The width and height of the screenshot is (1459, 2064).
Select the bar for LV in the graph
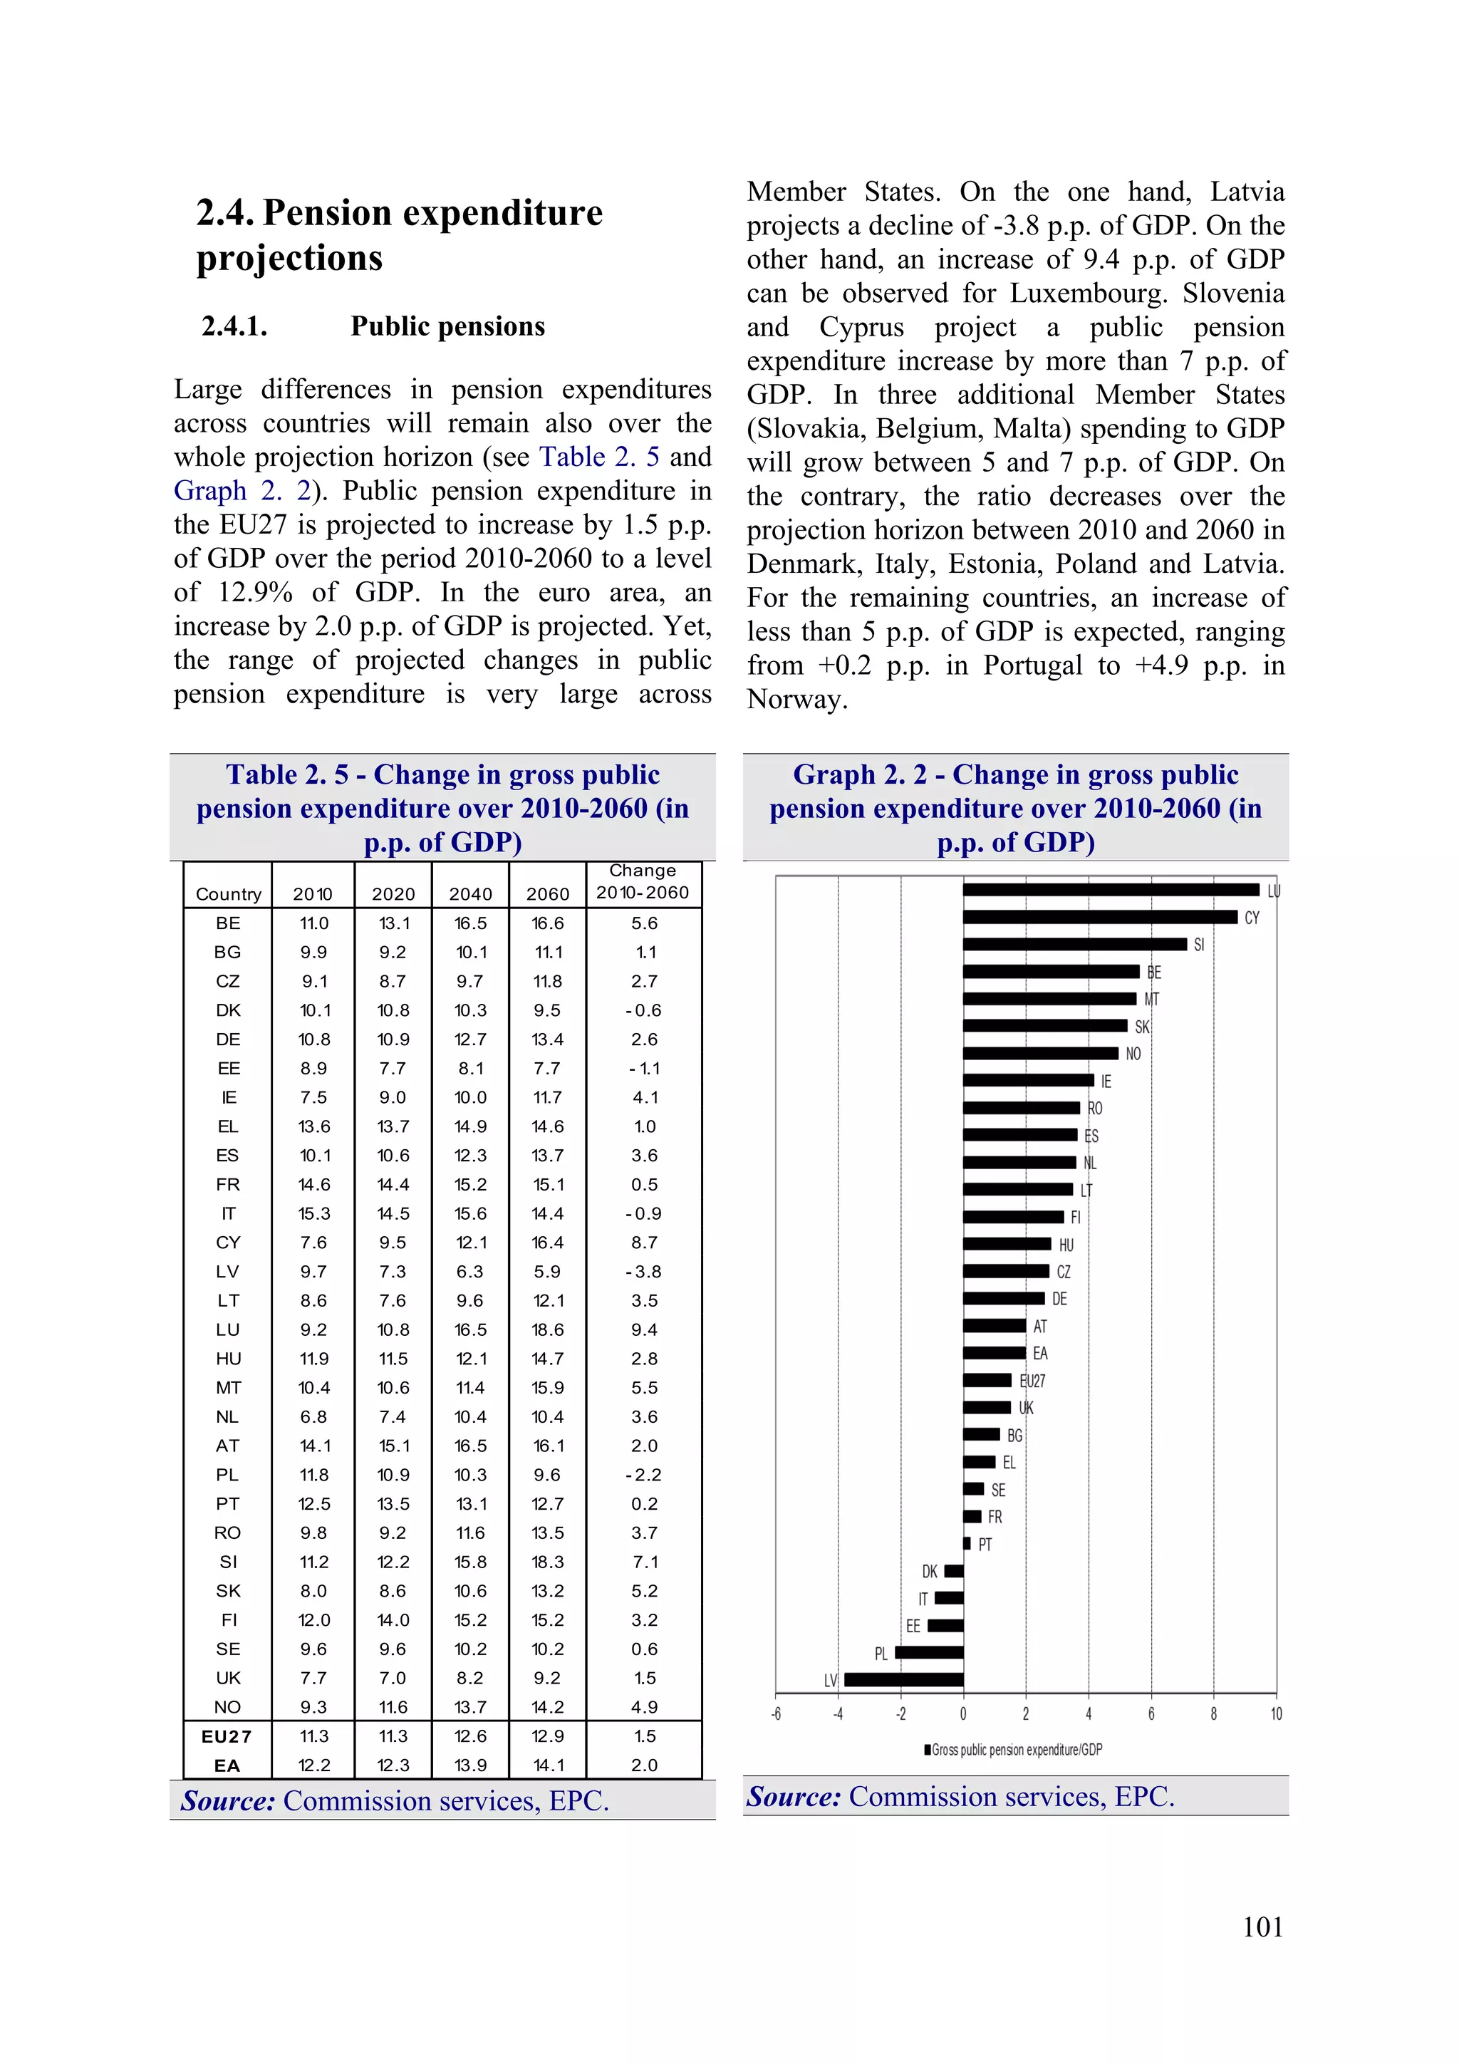pyautogui.click(x=903, y=1679)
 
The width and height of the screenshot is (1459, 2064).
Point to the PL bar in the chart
pyautogui.click(x=929, y=1652)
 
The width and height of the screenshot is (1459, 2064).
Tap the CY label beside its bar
pyautogui.click(x=1252, y=918)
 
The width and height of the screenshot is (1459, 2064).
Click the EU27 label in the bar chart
pyautogui.click(x=1032, y=1381)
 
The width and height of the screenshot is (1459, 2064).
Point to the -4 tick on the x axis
pyautogui.click(x=838, y=1714)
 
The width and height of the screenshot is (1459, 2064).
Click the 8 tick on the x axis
pyautogui.click(x=1214, y=1714)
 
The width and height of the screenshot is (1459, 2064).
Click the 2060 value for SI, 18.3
pyautogui.click(x=547, y=1562)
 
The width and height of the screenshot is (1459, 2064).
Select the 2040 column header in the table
pyautogui.click(x=470, y=893)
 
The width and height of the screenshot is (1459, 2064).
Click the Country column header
pyautogui.click(x=229, y=893)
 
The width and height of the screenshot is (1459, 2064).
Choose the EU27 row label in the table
pyautogui.click(x=227, y=1736)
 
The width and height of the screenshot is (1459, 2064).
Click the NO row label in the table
pyautogui.click(x=227, y=1706)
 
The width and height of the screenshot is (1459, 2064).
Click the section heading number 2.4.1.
pyautogui.click(x=234, y=326)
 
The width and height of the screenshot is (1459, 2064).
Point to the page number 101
pyautogui.click(x=1262, y=1926)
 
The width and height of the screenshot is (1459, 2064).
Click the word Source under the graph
pyautogui.click(x=793, y=1796)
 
